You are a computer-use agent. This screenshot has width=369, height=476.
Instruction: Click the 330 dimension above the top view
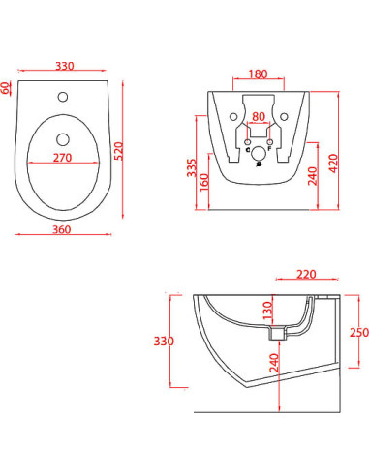click(x=65, y=67)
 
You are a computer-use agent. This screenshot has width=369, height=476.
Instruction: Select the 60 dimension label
click(x=7, y=87)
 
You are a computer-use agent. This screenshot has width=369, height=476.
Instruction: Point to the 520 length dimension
click(x=118, y=152)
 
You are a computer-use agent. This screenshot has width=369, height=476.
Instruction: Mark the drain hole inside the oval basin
click(x=65, y=136)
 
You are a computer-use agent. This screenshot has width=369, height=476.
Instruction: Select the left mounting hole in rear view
click(x=233, y=117)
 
